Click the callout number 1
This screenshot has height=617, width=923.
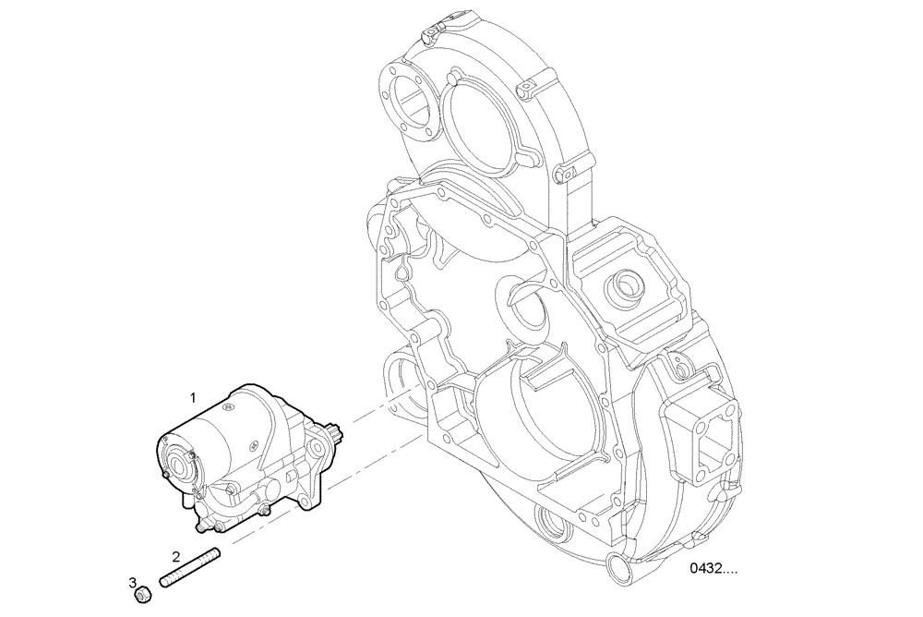click(x=193, y=397)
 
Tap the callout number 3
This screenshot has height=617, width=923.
click(x=133, y=583)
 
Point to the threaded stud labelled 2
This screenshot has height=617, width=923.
click(x=191, y=567)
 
